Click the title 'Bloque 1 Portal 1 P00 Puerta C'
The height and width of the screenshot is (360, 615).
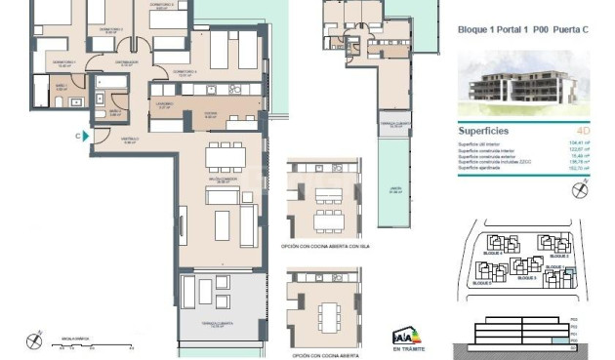pyautogui.click(x=522, y=29)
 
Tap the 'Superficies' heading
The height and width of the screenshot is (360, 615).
pyautogui.click(x=485, y=130)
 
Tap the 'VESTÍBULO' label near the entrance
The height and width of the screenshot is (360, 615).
pyautogui.click(x=129, y=139)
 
